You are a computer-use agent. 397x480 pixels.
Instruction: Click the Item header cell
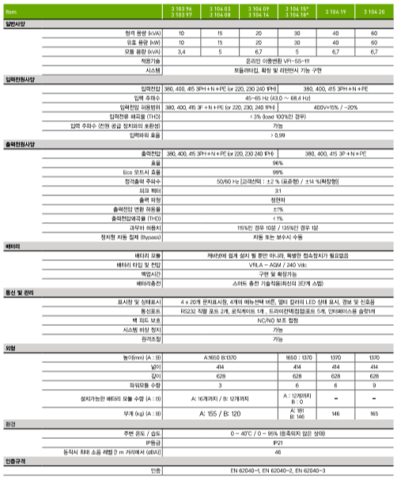[11, 12]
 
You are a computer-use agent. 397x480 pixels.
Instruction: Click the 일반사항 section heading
[16, 25]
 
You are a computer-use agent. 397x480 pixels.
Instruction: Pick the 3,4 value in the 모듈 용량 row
[182, 51]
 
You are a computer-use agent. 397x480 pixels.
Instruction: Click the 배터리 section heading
[13, 247]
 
